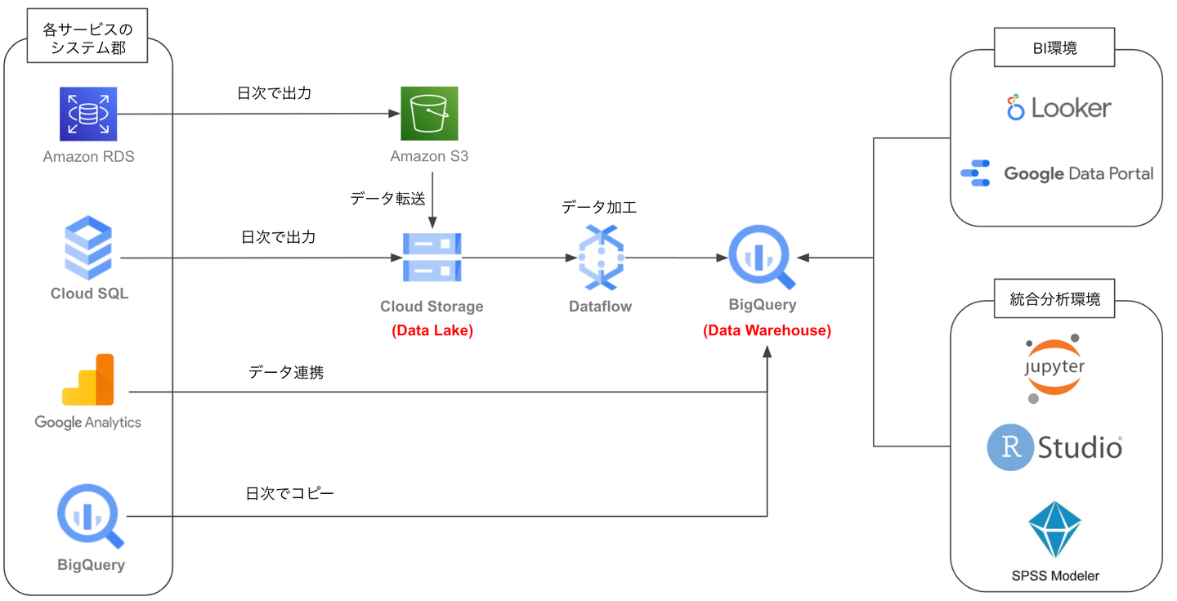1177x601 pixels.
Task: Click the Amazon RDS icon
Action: coord(89,114)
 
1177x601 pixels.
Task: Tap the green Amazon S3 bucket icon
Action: coord(429,114)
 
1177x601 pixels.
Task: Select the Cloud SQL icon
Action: coord(88,248)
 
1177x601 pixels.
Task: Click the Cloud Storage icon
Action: coord(432,258)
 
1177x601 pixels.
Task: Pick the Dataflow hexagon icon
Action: coord(601,258)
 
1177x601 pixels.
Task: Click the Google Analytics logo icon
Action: coord(88,380)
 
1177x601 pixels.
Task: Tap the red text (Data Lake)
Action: coord(432,330)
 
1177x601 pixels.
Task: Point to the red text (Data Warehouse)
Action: coord(767,330)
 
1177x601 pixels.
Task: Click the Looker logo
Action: coord(1058,108)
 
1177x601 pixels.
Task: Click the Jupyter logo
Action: coord(1054,367)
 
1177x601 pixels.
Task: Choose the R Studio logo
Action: coord(1054,447)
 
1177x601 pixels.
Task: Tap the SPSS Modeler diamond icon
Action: coord(1054,529)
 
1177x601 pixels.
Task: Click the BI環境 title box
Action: coord(1054,48)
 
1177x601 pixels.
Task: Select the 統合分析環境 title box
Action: coord(1054,299)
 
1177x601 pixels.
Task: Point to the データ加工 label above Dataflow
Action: coord(599,208)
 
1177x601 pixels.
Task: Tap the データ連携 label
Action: coord(286,373)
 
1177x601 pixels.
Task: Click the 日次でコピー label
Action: coord(289,494)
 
